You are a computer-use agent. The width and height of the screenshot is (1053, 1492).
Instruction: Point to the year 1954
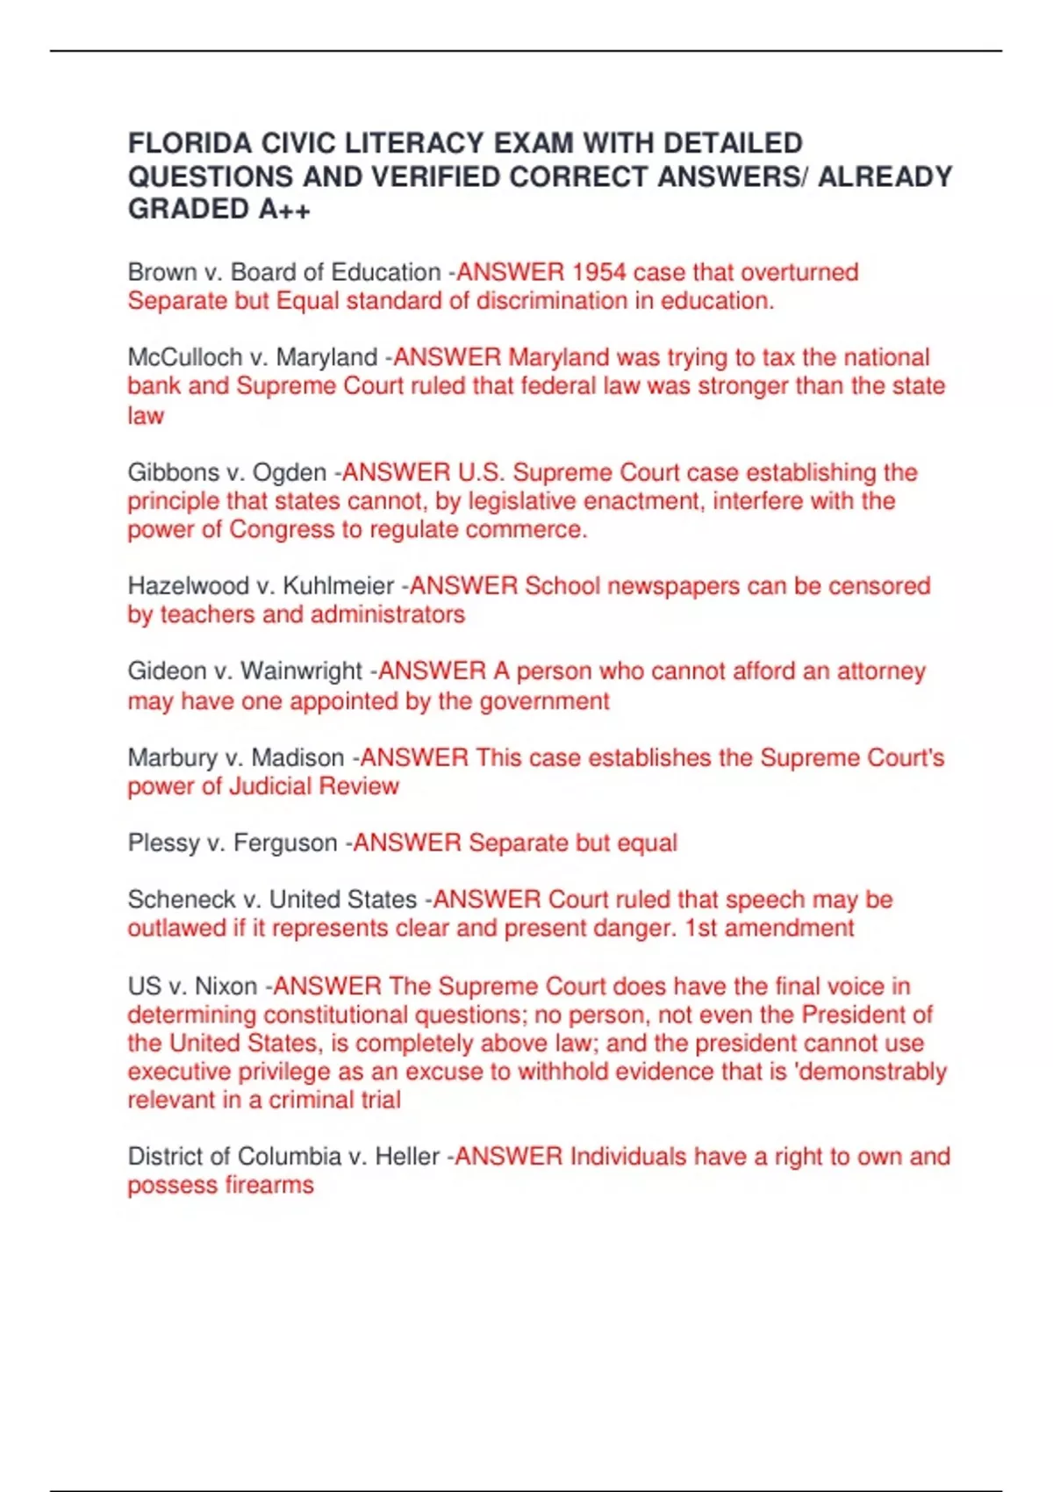[x=598, y=272]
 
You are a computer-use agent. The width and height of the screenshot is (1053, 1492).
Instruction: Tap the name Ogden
[x=289, y=473]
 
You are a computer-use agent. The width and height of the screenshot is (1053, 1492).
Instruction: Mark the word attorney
[x=881, y=671]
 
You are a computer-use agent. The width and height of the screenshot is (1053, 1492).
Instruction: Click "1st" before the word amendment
[x=701, y=928]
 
